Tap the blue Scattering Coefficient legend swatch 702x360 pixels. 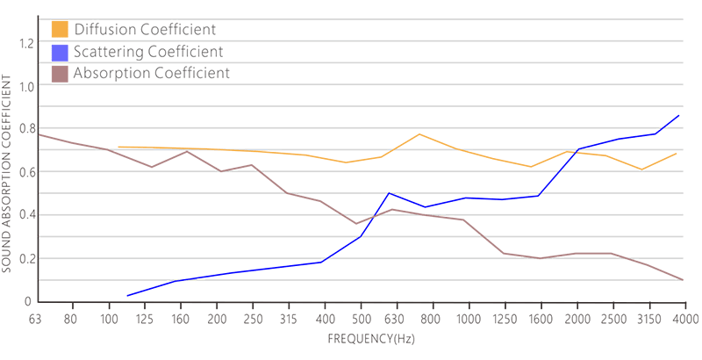point(60,52)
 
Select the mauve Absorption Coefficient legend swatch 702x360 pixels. point(60,74)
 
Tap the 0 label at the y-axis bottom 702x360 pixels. point(26,302)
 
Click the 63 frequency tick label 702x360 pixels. point(36,317)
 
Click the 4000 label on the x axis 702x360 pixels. point(684,317)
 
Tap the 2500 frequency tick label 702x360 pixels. point(612,317)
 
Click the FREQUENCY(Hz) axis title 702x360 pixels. point(360,337)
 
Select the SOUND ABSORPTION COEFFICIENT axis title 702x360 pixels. point(8,172)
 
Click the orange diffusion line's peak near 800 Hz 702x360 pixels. point(419,134)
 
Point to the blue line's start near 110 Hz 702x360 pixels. point(127,296)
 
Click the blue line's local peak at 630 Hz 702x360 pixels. point(389,193)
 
